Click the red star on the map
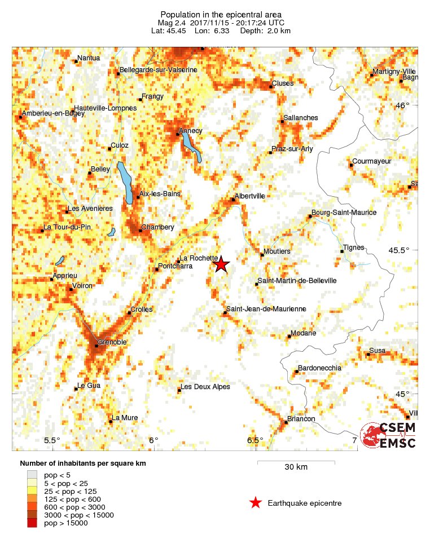pyautogui.click(x=221, y=264)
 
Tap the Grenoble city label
pyautogui.click(x=112, y=342)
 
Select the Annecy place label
pyautogui.click(x=190, y=131)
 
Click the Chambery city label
pyautogui.click(x=157, y=227)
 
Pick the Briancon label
pyautogui.click(x=301, y=419)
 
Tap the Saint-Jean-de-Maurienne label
pyautogui.click(x=266, y=309)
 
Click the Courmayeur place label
pyautogui.click(x=371, y=161)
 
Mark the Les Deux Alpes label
pyautogui.click(x=205, y=387)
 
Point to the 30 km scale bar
pyautogui.click(x=296, y=463)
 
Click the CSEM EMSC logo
pyautogui.click(x=389, y=435)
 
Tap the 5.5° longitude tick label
pyautogui.click(x=52, y=440)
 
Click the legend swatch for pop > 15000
pyautogui.click(x=32, y=523)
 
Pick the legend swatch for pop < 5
pyautogui.click(x=32, y=475)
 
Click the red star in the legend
pyautogui.click(x=256, y=503)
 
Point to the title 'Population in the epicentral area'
pyautogui.click(x=213, y=14)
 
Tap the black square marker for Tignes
pyautogui.click(x=342, y=251)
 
